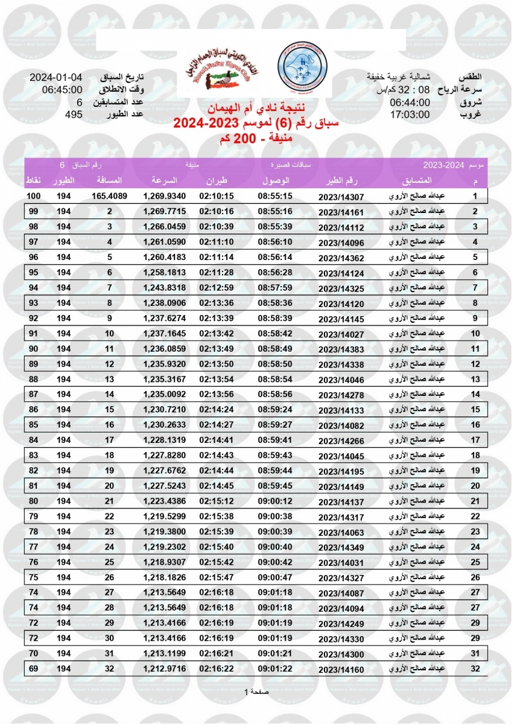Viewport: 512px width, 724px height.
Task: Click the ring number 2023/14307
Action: pos(342,197)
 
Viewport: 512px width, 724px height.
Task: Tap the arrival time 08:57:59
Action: pos(275,287)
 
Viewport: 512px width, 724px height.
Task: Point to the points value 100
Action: pos(33,196)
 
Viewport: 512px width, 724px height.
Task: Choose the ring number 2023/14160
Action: pos(342,669)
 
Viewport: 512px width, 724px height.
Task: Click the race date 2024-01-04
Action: pos(56,78)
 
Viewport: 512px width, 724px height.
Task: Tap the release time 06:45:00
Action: pos(62,90)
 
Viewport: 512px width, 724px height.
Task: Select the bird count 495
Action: pos(74,114)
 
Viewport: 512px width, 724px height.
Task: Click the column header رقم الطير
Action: pos(341,181)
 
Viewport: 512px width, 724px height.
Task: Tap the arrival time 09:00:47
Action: pos(275,577)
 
